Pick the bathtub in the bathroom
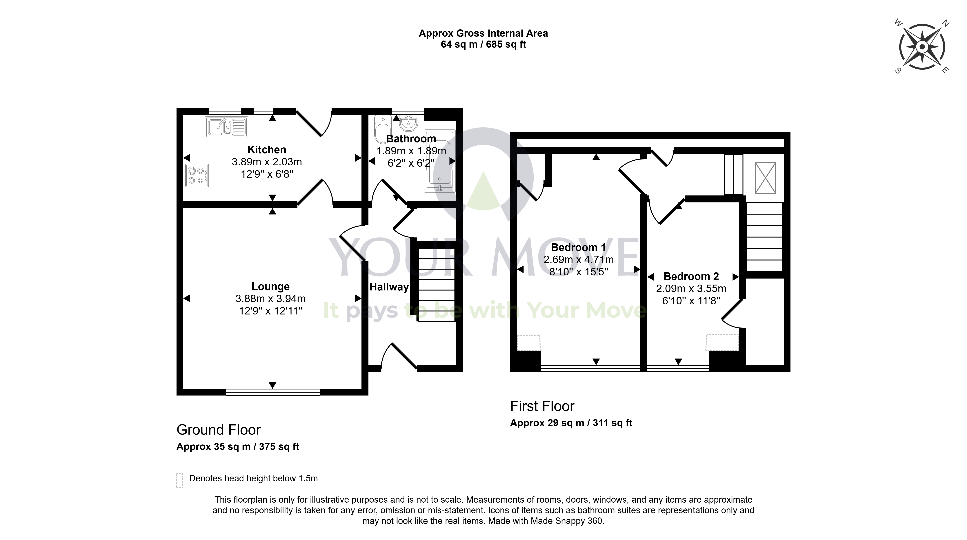[x=440, y=161]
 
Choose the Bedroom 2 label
[x=691, y=276]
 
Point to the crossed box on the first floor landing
[x=765, y=178]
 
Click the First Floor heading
[x=542, y=406]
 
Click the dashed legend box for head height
[x=180, y=480]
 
